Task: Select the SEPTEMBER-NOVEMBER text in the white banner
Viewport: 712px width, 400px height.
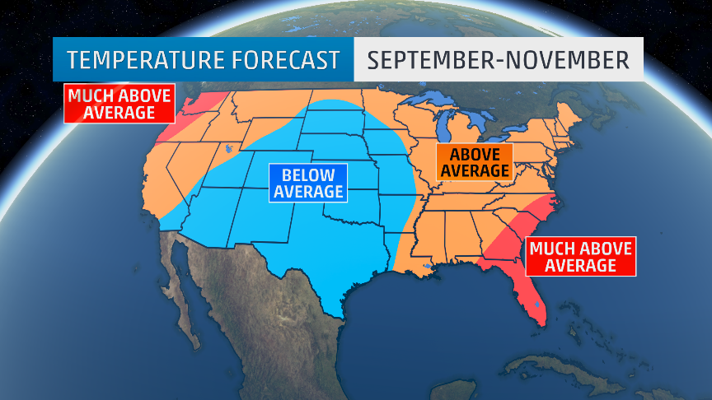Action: point(498,60)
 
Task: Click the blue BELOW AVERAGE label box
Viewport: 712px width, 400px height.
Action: point(308,183)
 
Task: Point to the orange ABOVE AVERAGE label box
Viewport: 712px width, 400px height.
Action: point(474,161)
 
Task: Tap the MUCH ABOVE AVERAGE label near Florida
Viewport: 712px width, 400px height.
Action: point(580,257)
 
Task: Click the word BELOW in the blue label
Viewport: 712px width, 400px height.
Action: point(308,174)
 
